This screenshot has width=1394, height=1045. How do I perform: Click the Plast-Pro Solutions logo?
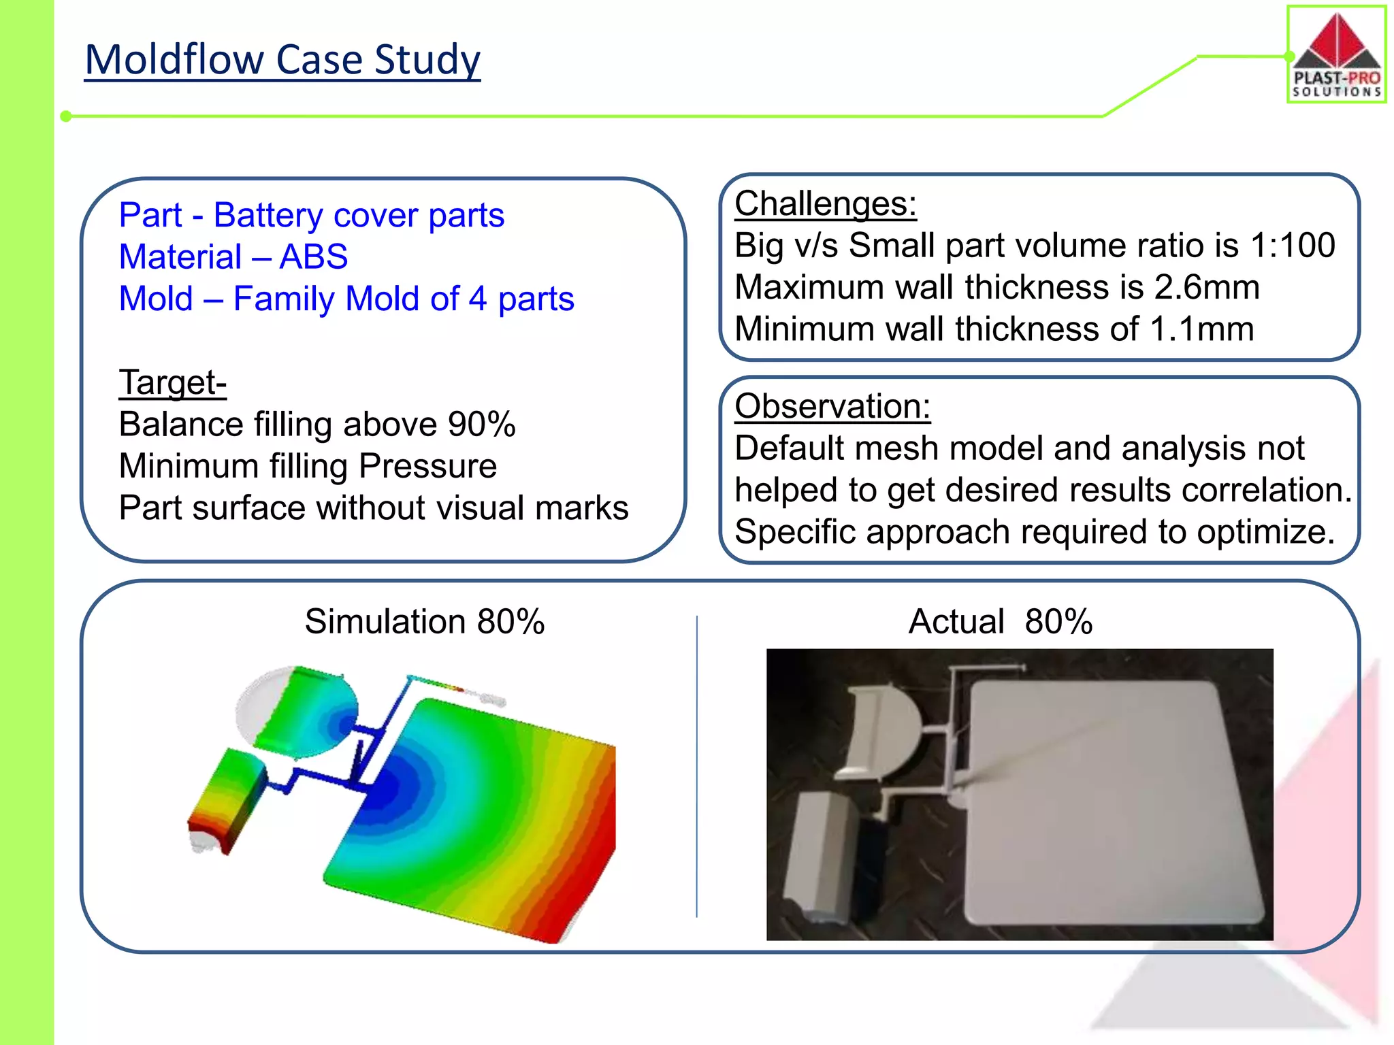pyautogui.click(x=1336, y=54)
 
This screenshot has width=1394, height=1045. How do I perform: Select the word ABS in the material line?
pyautogui.click(x=314, y=257)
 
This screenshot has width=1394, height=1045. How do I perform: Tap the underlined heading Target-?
pyautogui.click(x=172, y=382)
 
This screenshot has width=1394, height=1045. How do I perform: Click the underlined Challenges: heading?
pyautogui.click(x=825, y=203)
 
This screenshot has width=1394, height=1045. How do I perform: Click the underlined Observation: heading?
pyautogui.click(x=832, y=406)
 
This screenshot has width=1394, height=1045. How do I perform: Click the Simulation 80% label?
pyautogui.click(x=424, y=621)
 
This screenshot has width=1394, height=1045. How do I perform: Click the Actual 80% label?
pyautogui.click(x=1000, y=621)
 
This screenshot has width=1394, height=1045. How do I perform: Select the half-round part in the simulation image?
pyautogui.click(x=299, y=711)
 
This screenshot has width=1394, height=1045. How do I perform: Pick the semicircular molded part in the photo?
pyautogui.click(x=881, y=731)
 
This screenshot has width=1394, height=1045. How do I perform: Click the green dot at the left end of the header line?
pyautogui.click(x=66, y=116)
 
